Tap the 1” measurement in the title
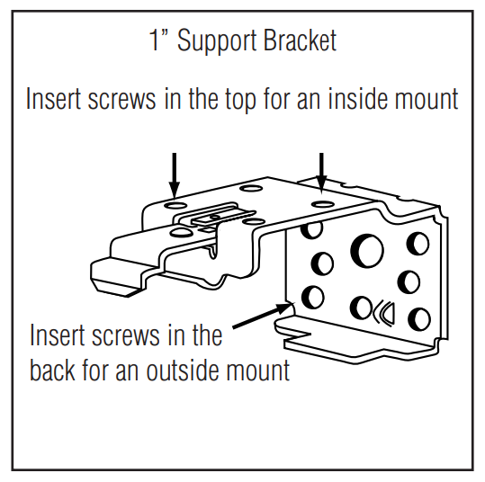pos(159,41)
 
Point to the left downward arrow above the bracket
pos(175,171)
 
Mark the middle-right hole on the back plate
pos(409,281)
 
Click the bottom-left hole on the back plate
pos(314,296)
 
